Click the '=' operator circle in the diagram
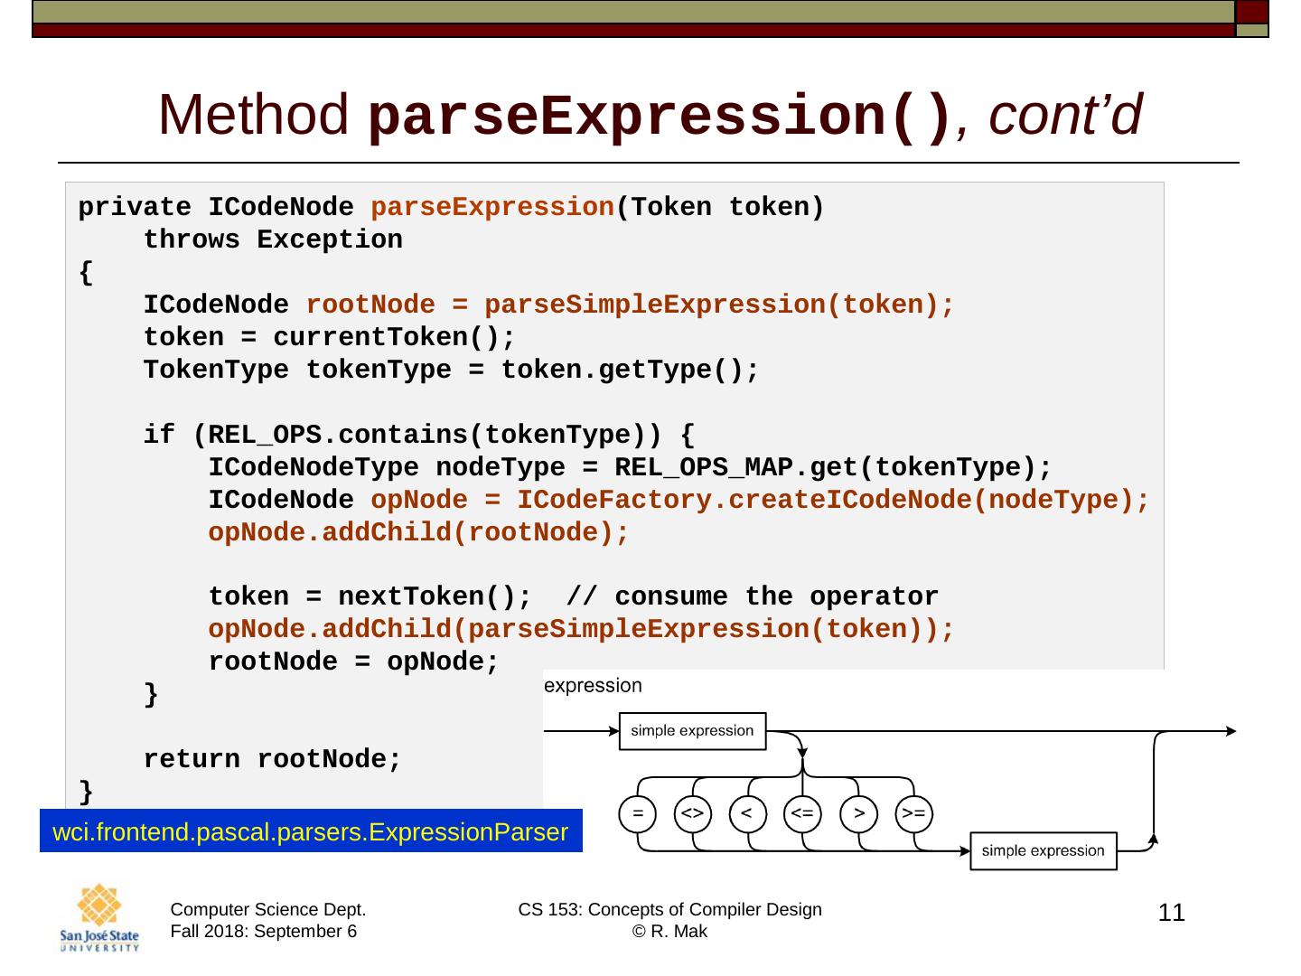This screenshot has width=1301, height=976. (x=638, y=813)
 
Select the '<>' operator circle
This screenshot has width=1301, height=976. (x=693, y=813)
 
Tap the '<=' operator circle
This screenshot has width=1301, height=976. (x=802, y=813)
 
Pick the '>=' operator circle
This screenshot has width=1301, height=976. (x=913, y=813)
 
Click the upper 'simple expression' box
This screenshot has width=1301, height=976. (x=692, y=731)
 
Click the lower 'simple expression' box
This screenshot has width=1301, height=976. (x=1043, y=851)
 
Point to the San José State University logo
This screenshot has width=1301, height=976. (x=99, y=918)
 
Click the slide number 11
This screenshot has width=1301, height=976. (x=1171, y=914)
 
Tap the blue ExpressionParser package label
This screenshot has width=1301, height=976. (x=311, y=831)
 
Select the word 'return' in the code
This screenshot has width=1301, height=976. (x=192, y=760)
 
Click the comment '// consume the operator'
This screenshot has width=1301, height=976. (x=752, y=597)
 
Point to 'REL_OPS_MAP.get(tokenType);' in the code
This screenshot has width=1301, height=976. (x=833, y=468)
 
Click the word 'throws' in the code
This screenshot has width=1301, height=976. (x=192, y=240)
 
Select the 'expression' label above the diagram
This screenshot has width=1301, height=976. (x=594, y=686)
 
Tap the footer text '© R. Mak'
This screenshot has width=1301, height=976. (x=669, y=932)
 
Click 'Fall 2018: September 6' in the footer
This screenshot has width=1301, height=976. (x=264, y=932)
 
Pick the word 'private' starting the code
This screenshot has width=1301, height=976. (x=135, y=208)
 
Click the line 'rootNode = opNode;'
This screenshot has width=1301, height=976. (x=353, y=662)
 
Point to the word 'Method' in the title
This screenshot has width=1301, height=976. (x=254, y=116)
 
